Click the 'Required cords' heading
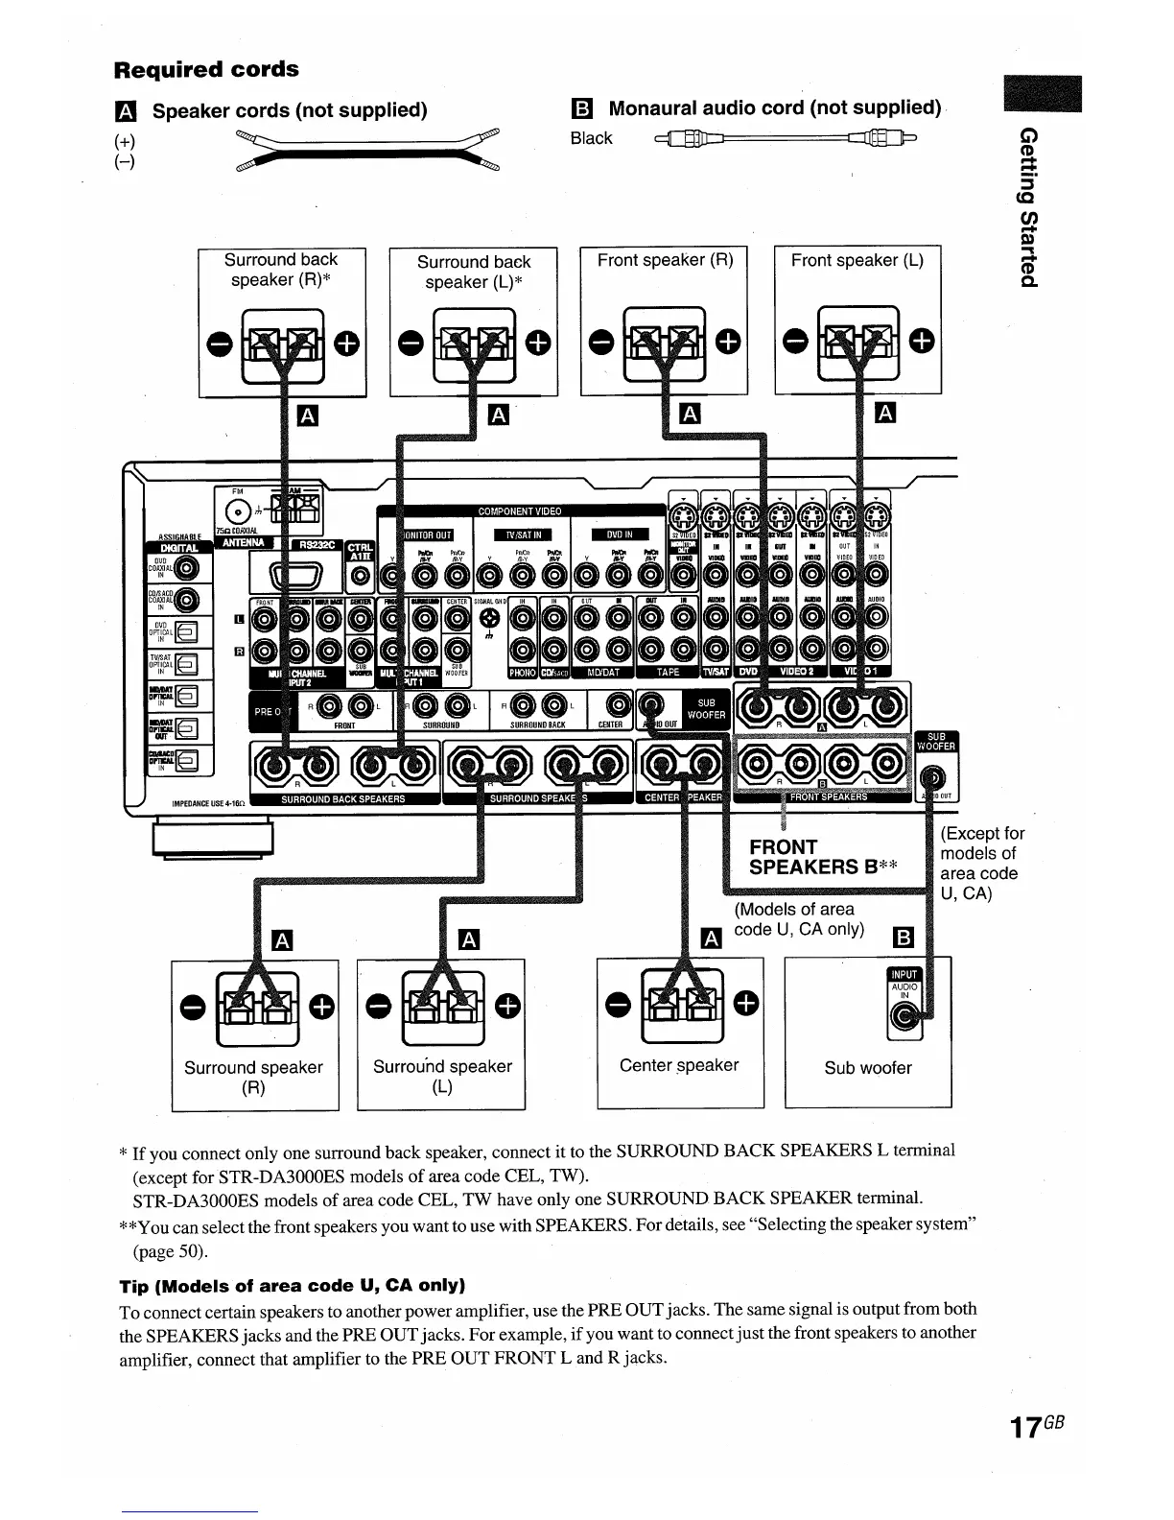coord(206,69)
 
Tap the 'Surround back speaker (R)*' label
coord(281,270)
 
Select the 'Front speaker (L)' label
coord(857,260)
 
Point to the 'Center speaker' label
coord(679,1065)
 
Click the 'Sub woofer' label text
coord(868,1067)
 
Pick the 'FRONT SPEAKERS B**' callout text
coord(823,857)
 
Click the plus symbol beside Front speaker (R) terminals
coord(728,341)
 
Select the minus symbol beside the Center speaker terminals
coord(619,1004)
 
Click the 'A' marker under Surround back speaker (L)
coord(499,415)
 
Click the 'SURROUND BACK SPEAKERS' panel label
coord(343,798)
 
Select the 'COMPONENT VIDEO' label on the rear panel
coord(520,511)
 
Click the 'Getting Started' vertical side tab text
coord(1028,205)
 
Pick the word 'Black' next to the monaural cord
coord(591,138)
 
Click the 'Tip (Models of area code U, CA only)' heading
coord(293,1285)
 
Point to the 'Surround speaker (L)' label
coord(442,1077)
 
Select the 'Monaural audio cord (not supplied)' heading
coord(775,107)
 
